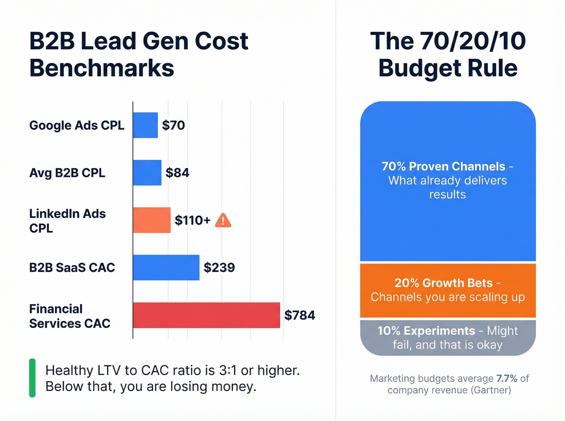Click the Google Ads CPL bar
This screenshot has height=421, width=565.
(x=145, y=125)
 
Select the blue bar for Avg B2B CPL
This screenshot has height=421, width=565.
(x=147, y=173)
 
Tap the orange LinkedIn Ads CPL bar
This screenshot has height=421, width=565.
(x=152, y=220)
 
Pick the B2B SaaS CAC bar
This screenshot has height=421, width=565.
(x=166, y=268)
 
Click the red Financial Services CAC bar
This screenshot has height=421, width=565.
(x=206, y=315)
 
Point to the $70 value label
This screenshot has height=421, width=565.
(x=174, y=125)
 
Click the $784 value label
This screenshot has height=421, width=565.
(x=299, y=315)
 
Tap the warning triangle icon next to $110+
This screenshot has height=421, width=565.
(x=223, y=221)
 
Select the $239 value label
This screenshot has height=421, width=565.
(x=219, y=268)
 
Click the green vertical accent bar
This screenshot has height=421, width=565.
(x=32, y=378)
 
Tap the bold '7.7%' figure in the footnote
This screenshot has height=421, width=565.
(x=507, y=379)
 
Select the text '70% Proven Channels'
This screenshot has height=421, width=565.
(x=443, y=166)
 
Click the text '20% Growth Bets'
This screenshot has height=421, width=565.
(x=444, y=283)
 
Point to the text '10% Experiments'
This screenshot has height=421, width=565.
(x=426, y=331)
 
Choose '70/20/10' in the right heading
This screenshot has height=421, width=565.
(x=473, y=41)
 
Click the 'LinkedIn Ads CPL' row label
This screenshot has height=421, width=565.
(x=67, y=221)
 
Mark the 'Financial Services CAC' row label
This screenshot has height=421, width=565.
(x=69, y=316)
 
